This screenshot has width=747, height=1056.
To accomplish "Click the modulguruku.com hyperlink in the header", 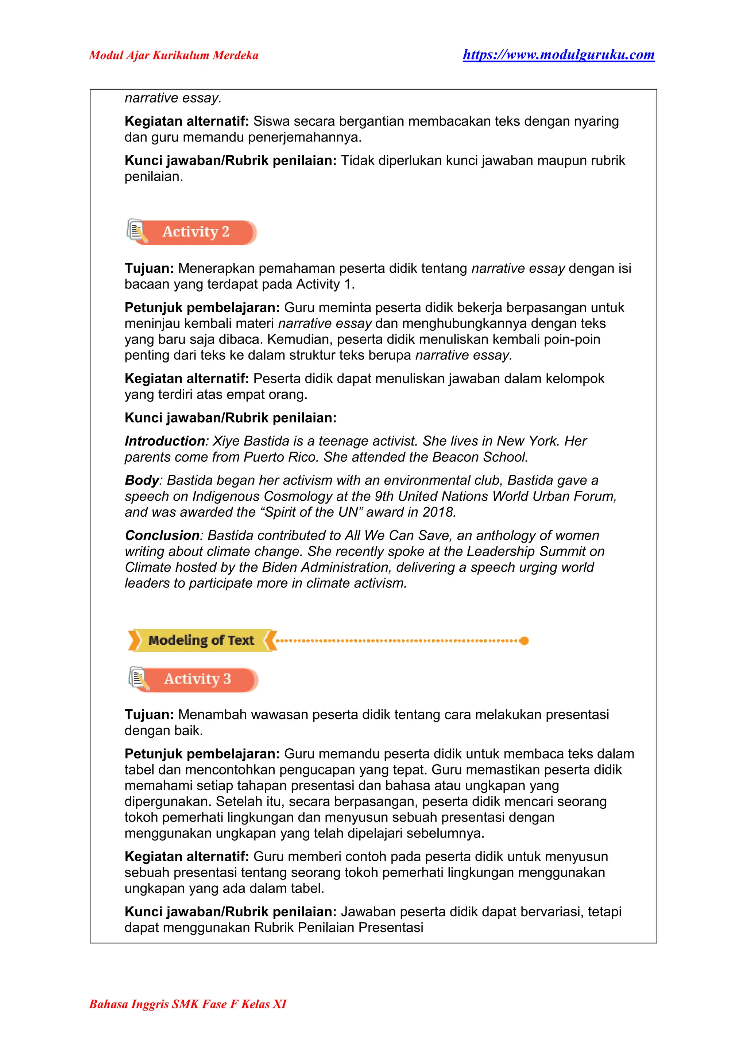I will [x=558, y=55].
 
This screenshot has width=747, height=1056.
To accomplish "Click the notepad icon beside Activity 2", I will [x=137, y=231].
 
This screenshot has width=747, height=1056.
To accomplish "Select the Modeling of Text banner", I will [x=201, y=640].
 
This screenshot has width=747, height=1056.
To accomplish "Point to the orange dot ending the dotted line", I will [x=524, y=641].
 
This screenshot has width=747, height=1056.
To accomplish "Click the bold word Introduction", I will [x=165, y=441].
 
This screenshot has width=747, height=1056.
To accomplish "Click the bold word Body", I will [x=142, y=480].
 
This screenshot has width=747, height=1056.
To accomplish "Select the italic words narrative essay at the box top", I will [x=173, y=98].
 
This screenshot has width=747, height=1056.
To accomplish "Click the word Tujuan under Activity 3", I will [x=148, y=714].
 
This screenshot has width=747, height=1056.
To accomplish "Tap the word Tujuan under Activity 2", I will [x=148, y=268].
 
